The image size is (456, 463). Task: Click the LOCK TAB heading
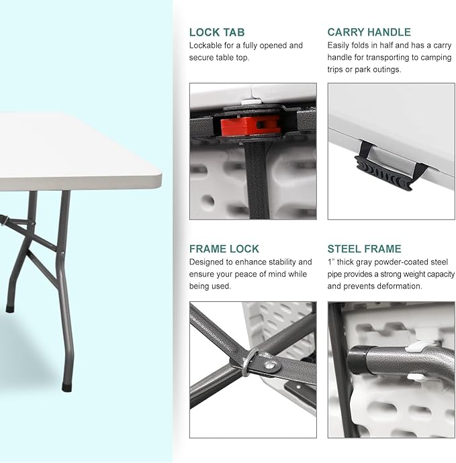pos(217,32)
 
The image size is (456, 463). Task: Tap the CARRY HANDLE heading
pos(369,32)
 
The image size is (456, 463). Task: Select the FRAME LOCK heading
pos(224,249)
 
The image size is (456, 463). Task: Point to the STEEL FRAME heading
pos(364,249)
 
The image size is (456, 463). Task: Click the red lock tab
pos(250,125)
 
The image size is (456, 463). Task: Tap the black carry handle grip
pos(383,173)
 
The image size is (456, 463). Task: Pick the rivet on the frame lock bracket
pos(269,366)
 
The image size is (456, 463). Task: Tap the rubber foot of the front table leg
pos(67,387)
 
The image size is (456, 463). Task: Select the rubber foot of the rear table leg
pos(10,309)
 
